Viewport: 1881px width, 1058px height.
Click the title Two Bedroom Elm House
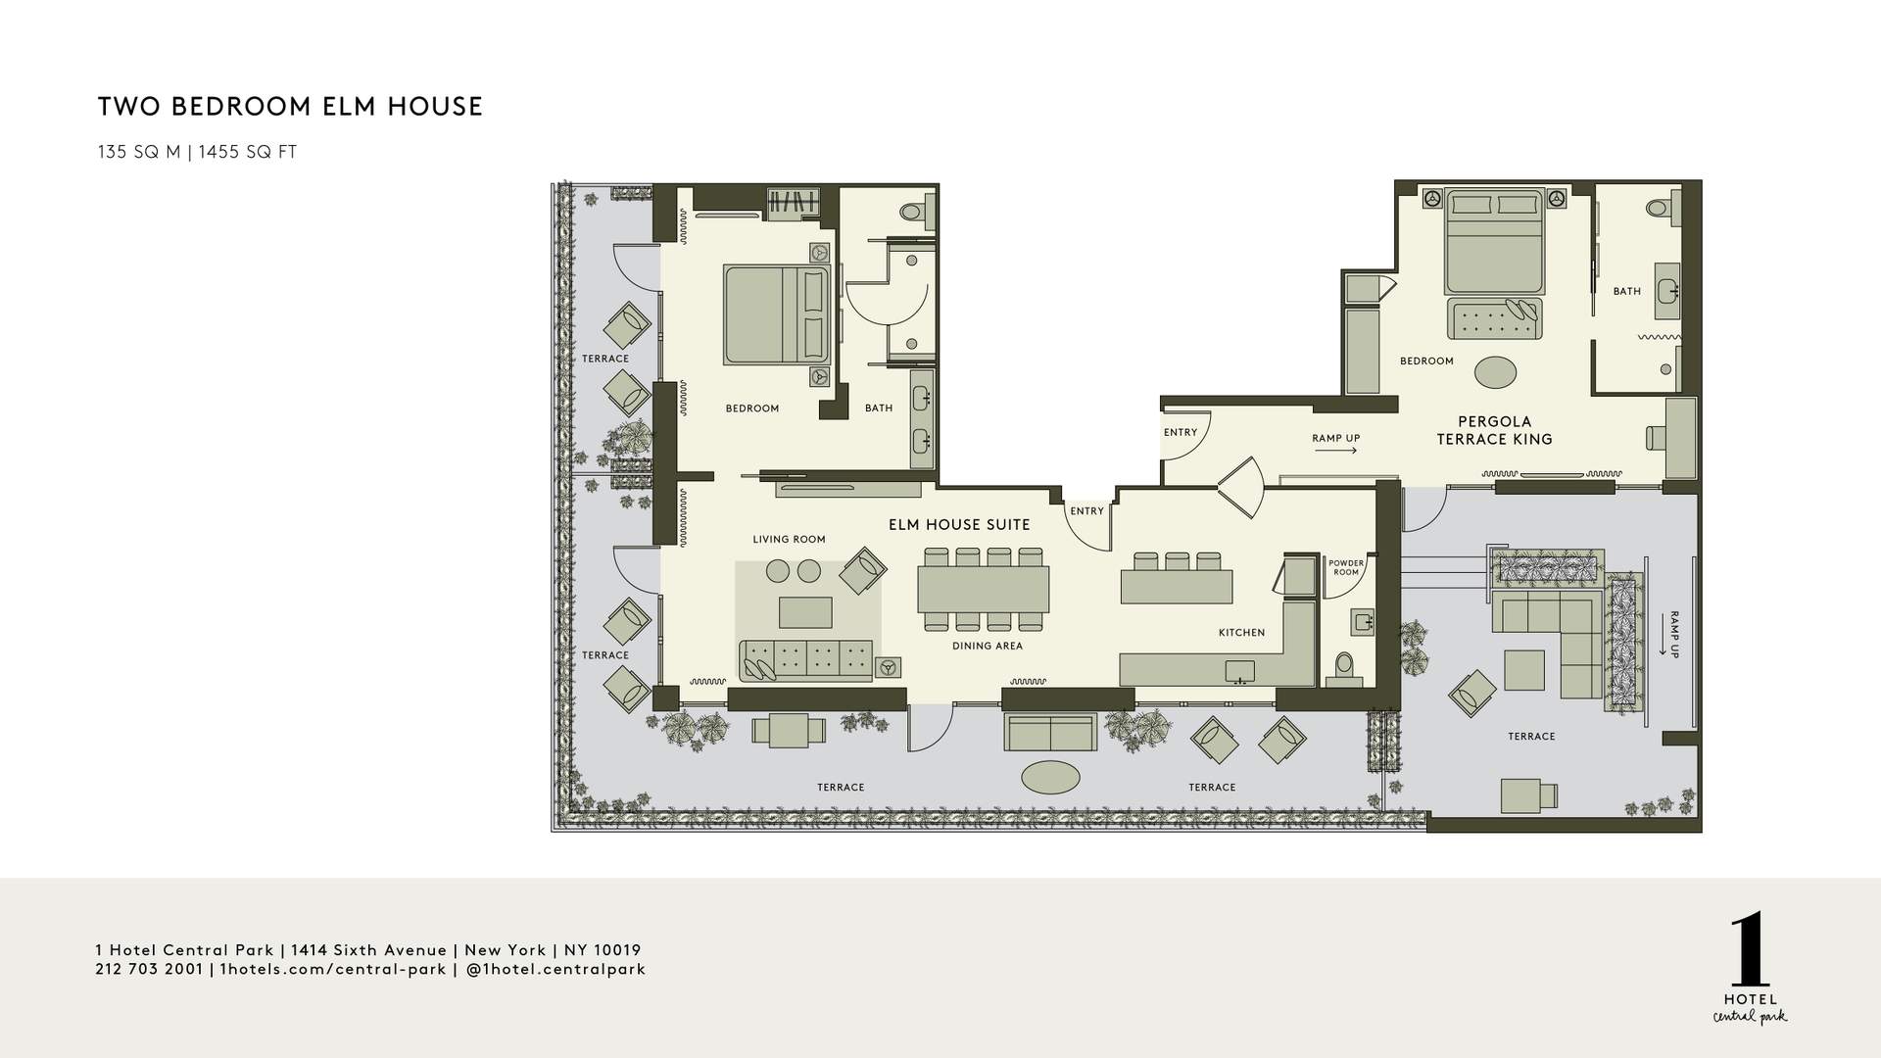coord(290,107)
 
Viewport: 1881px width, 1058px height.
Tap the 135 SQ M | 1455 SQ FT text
coord(197,153)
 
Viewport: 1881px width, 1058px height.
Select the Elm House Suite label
coord(959,525)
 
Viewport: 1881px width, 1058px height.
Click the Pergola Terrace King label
coord(1494,431)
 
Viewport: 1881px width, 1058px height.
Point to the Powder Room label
coord(1346,568)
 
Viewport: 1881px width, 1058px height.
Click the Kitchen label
coord(1241,633)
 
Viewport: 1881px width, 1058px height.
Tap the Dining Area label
coord(987,647)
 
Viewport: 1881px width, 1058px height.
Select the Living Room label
coord(789,540)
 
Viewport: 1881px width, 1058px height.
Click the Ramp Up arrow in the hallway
coord(1335,451)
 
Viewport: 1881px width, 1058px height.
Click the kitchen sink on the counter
coord(1239,672)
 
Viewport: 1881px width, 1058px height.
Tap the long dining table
coord(983,589)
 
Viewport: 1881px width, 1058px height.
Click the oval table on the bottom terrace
coord(1050,778)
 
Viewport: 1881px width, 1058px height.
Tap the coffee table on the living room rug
coord(805,612)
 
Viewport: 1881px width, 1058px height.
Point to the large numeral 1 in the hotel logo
coord(1750,951)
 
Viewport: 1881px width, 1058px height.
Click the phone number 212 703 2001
coord(149,970)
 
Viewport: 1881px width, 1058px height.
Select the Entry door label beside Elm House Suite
coord(1086,511)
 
